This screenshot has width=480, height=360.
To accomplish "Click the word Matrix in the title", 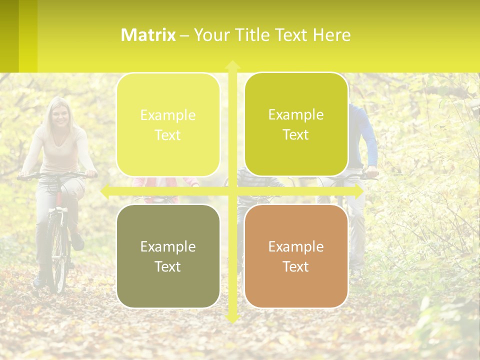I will tap(148, 35).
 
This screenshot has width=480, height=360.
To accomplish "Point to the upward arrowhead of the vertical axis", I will tap(232, 64).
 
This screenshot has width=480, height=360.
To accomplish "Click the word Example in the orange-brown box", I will tap(296, 246).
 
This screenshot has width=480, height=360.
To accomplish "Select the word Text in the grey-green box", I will tap(168, 266).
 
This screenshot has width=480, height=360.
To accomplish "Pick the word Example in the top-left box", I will tap(168, 115).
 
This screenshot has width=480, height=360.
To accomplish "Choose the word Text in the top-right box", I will tap(296, 135).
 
